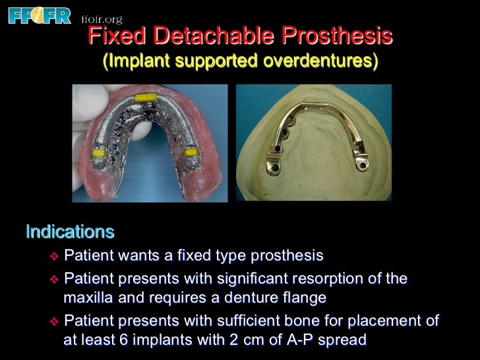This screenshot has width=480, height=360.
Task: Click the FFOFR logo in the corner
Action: [38, 15]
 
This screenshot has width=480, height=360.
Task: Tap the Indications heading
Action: [70, 232]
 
